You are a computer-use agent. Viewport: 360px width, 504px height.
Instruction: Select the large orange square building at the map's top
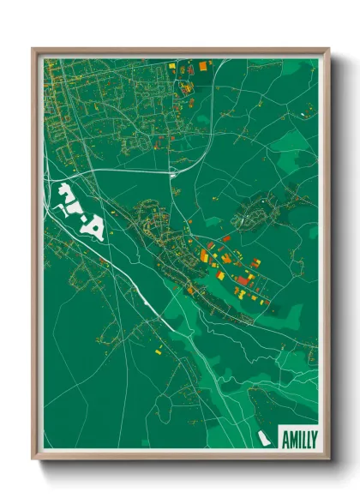click(203, 64)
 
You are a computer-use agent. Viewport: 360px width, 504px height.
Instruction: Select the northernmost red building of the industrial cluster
click(226, 238)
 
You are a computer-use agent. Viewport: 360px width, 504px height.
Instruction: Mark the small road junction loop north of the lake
click(174, 174)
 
